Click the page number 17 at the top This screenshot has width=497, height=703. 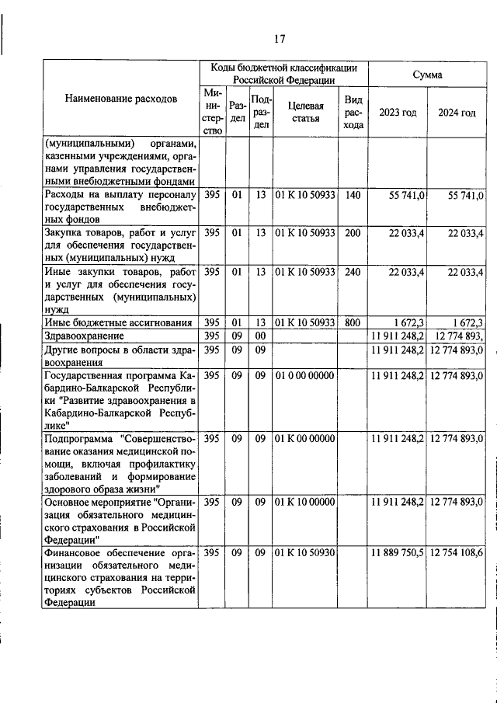(x=280, y=39)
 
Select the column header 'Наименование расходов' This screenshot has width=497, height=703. (x=120, y=99)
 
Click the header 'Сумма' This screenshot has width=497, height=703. (x=427, y=75)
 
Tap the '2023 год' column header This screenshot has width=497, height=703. (x=397, y=113)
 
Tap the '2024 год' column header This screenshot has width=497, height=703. (x=457, y=113)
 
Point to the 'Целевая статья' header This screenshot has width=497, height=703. (x=305, y=112)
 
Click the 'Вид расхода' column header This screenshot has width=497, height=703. (x=353, y=112)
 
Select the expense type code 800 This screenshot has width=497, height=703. (x=353, y=322)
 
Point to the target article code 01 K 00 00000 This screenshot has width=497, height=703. (x=305, y=439)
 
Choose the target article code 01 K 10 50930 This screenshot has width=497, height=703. (x=305, y=552)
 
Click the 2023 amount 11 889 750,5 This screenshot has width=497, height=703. (x=398, y=552)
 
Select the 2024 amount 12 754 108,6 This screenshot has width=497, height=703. (x=457, y=552)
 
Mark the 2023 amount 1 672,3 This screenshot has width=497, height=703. (x=408, y=322)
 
